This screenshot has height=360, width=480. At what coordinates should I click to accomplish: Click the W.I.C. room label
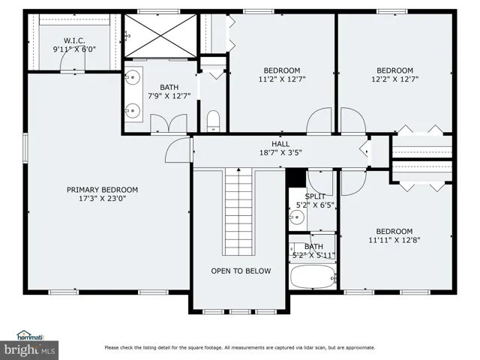tap(74, 40)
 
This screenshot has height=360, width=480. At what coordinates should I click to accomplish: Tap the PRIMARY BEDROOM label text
tap(102, 190)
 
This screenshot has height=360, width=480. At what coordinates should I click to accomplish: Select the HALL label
tap(280, 144)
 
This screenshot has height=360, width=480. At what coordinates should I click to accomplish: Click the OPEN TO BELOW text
tap(241, 271)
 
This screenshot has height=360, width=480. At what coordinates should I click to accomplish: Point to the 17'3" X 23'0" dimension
tap(102, 199)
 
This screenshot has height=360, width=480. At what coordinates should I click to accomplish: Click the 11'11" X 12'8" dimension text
tap(394, 240)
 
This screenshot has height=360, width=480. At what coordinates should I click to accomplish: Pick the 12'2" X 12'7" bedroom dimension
tap(395, 79)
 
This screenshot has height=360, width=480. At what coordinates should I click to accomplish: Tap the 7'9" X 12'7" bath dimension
tap(169, 96)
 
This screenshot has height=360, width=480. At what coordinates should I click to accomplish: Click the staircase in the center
tap(238, 211)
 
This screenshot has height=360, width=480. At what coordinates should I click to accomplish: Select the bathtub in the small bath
tap(313, 277)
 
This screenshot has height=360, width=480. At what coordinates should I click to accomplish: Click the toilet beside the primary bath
tap(213, 121)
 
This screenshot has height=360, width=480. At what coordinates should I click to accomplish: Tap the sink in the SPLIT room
tap(297, 217)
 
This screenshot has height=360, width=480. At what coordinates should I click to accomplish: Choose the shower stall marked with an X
tap(160, 36)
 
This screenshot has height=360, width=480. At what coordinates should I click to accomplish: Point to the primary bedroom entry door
tap(178, 150)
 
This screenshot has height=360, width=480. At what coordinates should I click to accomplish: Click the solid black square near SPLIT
tap(296, 178)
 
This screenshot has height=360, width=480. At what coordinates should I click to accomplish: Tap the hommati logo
tap(30, 335)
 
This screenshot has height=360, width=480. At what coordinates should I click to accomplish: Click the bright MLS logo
tap(29, 350)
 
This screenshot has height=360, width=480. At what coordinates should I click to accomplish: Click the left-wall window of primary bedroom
tap(25, 148)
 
